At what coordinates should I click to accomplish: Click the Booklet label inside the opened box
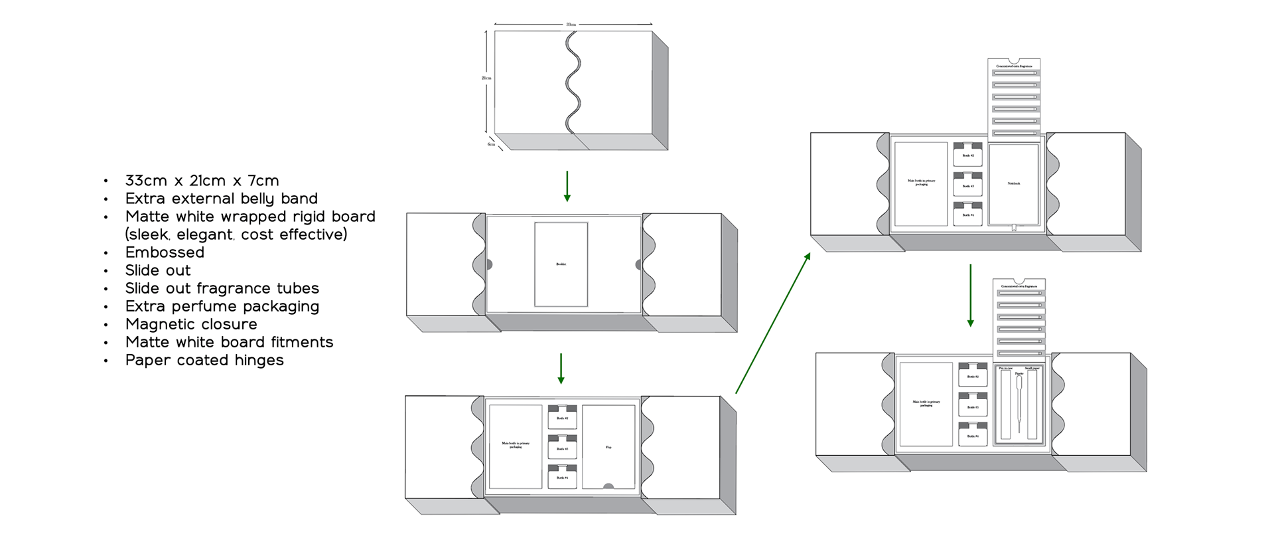tap(561, 264)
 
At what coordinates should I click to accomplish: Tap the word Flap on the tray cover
tap(608, 448)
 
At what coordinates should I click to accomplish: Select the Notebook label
tap(1013, 183)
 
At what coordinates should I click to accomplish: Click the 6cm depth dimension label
tap(491, 144)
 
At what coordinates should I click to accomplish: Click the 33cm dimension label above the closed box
tap(571, 25)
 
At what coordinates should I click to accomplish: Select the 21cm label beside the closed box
tap(486, 78)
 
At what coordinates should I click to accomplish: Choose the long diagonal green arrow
tap(773, 323)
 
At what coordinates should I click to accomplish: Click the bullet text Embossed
tap(165, 252)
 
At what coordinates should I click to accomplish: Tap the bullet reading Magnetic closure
tap(191, 324)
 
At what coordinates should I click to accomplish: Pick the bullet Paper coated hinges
tap(204, 360)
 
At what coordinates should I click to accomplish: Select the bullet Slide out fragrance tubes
tap(222, 288)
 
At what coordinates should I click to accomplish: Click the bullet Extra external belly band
tap(222, 199)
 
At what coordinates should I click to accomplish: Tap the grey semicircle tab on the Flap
tap(608, 487)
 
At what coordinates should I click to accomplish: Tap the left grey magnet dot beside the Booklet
tap(489, 264)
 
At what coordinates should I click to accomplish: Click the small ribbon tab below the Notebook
tap(1014, 228)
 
